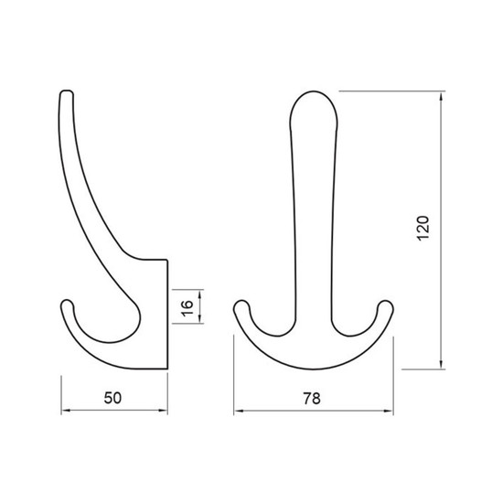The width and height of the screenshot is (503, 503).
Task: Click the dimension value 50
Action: click(x=112, y=398)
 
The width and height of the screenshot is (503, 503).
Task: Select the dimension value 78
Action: click(x=312, y=399)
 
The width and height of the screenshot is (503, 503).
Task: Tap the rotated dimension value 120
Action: click(x=423, y=228)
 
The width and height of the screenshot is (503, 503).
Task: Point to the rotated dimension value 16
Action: click(x=187, y=308)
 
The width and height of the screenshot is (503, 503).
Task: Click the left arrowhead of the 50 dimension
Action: click(x=66, y=411)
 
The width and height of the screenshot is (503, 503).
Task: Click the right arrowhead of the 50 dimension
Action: click(x=164, y=411)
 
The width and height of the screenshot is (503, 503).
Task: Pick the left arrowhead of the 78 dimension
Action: click(x=239, y=411)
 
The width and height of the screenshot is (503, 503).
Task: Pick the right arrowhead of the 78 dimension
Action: click(x=389, y=411)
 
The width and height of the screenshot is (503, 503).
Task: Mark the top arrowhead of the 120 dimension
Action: click(x=442, y=96)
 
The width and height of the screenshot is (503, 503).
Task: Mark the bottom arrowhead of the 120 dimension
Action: click(x=442, y=364)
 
